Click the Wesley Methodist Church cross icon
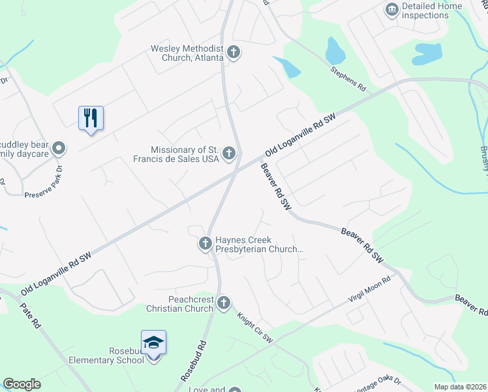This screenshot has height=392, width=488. coord(234,52)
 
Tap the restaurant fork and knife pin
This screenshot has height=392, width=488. coord(91,118)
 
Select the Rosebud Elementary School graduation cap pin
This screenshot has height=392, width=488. coord(153,342)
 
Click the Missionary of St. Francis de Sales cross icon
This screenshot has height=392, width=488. coord(228,154)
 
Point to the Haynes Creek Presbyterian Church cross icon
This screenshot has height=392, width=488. coord(205,244)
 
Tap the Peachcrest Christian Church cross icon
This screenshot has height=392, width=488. coord(224,302)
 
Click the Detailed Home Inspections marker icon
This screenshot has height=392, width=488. coord(392,9)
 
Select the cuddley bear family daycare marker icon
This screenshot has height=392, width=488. coord(59,148)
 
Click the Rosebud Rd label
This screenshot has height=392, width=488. coord(194,362)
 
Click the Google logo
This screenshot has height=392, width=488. coord(22,384)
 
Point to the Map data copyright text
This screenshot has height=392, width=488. coord(461,387)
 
